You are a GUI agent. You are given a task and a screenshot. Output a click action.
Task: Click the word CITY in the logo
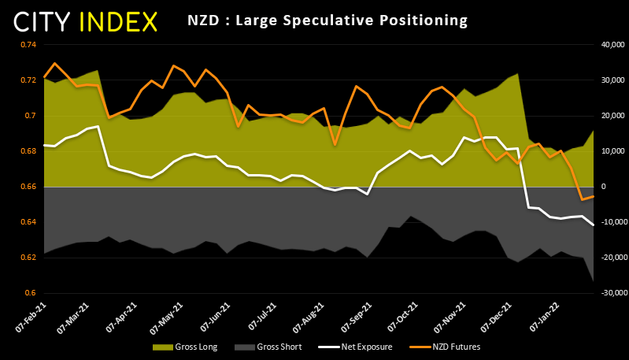(x=45, y=21)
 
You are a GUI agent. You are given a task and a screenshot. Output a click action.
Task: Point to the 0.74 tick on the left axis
(x=28, y=45)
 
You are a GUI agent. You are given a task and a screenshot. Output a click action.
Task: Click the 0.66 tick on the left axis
(x=28, y=187)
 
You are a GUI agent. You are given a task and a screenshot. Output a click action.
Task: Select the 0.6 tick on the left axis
(x=31, y=293)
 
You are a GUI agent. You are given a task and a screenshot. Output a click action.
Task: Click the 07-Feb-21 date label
(x=29, y=315)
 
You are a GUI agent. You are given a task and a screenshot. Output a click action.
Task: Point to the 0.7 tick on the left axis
(x=31, y=116)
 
